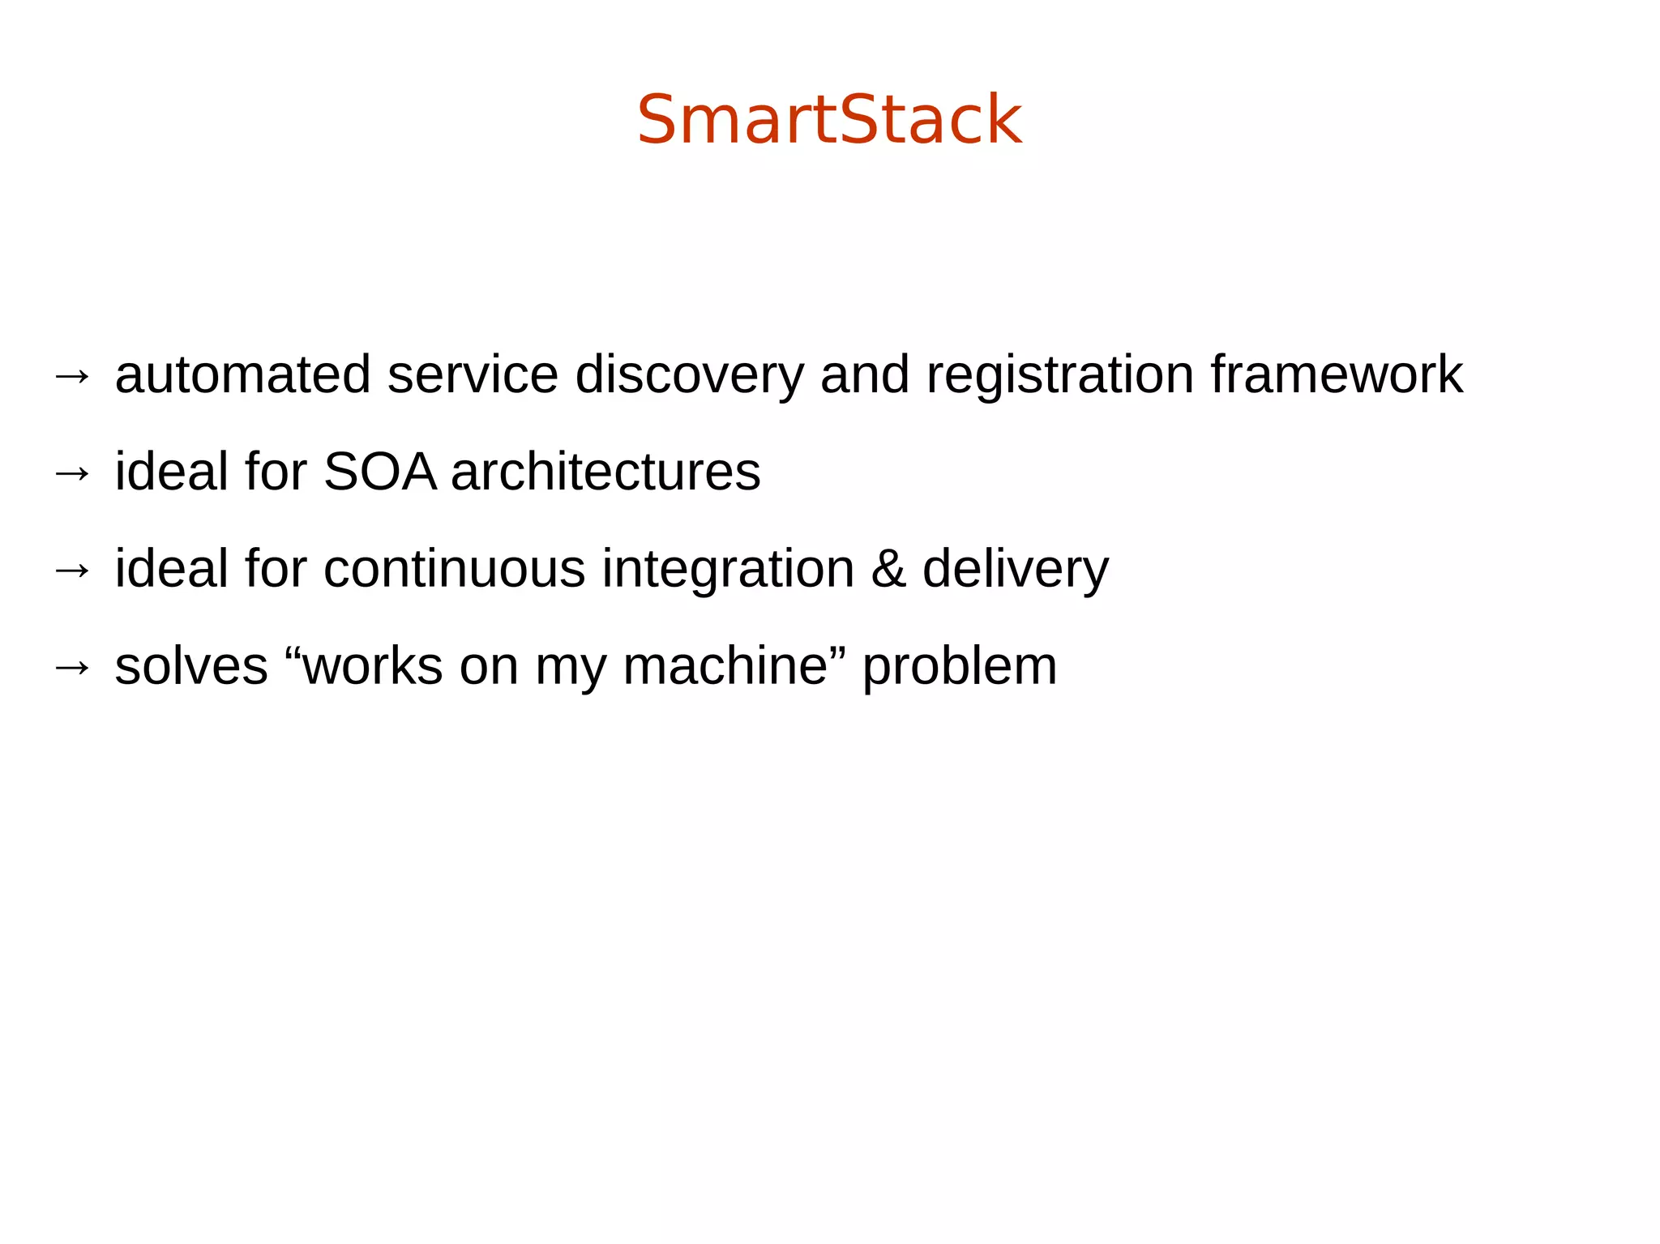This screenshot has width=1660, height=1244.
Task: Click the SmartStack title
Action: point(829,120)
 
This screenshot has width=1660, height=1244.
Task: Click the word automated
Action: point(242,375)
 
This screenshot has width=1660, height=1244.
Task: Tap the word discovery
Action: point(689,375)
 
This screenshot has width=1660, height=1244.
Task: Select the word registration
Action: point(1059,375)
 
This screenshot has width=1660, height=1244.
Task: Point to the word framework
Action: point(1337,375)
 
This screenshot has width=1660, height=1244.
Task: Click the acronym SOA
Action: point(379,472)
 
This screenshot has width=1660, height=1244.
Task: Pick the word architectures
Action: point(605,472)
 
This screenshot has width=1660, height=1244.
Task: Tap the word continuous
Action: point(454,569)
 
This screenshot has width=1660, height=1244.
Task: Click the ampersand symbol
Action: point(888,569)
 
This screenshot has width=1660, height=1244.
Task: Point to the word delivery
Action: point(1015,571)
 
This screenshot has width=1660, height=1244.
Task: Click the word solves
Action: point(191,667)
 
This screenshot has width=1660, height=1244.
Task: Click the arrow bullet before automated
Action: point(72,376)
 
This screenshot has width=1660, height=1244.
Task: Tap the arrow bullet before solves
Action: point(72,668)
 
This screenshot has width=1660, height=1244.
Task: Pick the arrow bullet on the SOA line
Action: point(72,473)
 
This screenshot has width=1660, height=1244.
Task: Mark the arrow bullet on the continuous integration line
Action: point(72,571)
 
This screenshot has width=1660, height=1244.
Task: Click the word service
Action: point(473,375)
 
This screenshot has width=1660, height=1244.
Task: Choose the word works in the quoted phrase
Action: point(372,667)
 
